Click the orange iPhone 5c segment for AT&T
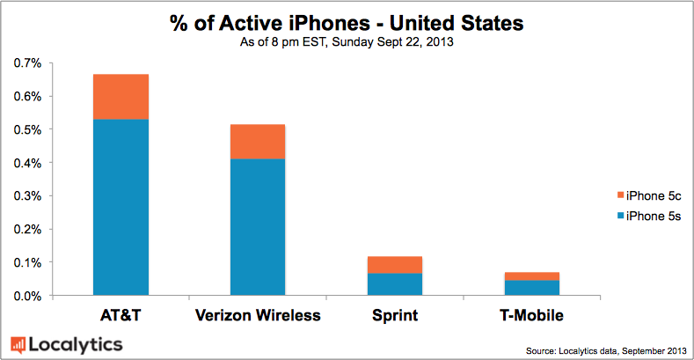[121, 97]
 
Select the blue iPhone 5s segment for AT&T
[121, 207]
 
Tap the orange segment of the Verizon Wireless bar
[257, 142]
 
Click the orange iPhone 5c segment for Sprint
[394, 265]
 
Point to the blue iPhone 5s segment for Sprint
[394, 284]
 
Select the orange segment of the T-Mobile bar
[531, 276]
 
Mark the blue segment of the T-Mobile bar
[531, 288]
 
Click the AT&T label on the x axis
[121, 315]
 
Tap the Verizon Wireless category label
[257, 315]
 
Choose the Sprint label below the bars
[394, 315]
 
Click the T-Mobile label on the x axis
[531, 315]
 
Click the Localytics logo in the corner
[66, 344]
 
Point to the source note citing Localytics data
[607, 350]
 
